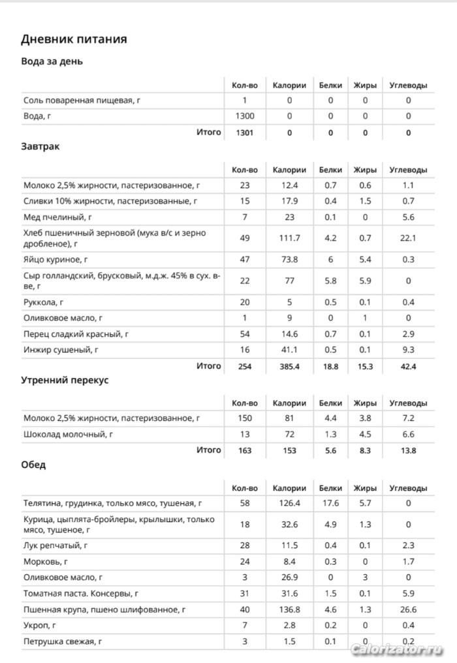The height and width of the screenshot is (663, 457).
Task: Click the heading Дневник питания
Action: point(74,39)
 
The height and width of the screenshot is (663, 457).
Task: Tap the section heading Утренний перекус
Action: point(65,380)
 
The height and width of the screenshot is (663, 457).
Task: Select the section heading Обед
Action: point(33,465)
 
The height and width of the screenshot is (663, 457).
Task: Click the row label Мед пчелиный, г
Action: point(57,217)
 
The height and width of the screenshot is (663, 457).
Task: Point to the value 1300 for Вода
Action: point(245,116)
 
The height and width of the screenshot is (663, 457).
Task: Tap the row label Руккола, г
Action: point(44,302)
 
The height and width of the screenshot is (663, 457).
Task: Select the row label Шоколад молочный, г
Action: point(69,434)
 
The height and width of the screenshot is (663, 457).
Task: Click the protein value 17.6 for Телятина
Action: point(330,503)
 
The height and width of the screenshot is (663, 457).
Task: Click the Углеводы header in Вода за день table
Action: point(408,85)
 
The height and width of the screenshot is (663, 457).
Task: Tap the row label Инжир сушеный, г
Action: point(61,350)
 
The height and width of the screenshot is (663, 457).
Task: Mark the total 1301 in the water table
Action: point(245,132)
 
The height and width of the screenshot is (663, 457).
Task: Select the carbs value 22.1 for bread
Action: point(408,238)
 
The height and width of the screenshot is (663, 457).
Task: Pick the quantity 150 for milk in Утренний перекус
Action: point(245,418)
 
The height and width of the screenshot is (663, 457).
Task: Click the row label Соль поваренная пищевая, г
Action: point(82,100)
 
